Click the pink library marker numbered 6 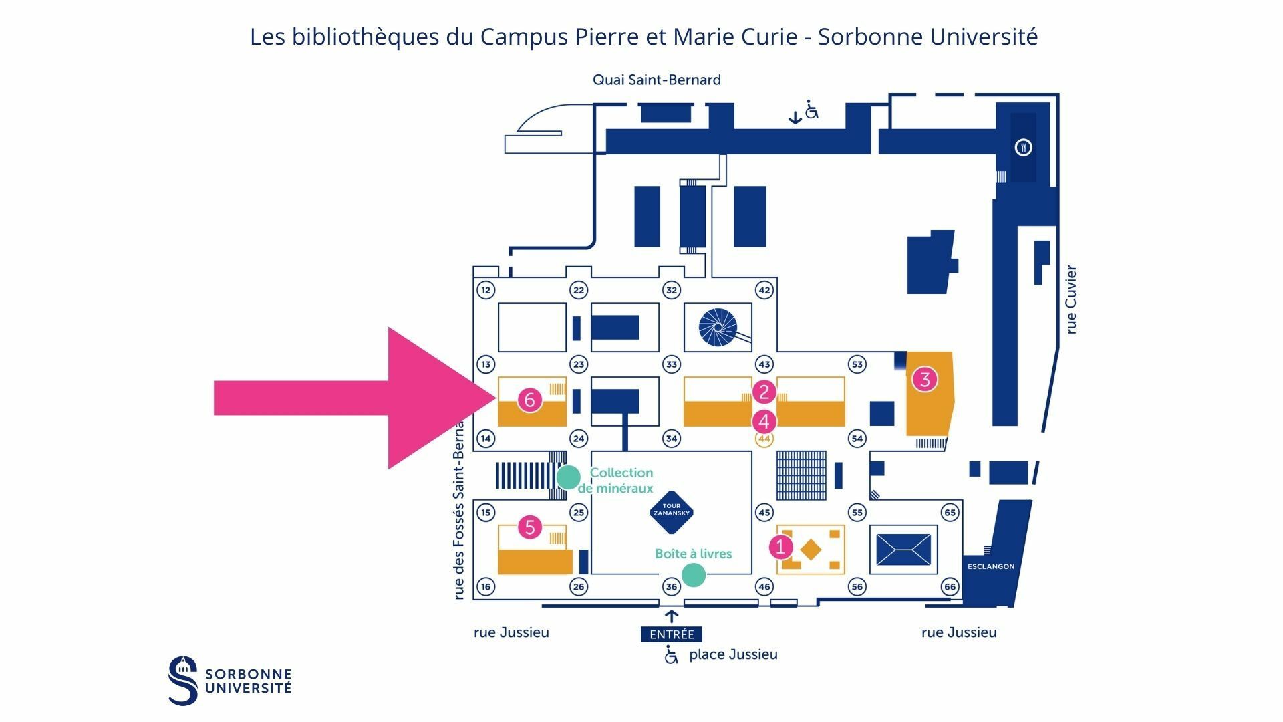[x=530, y=400]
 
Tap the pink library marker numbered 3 [x=925, y=379]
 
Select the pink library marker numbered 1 [x=780, y=547]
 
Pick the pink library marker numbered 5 [x=530, y=527]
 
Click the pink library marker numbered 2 [x=764, y=392]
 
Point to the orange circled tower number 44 [x=764, y=439]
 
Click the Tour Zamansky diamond [x=671, y=513]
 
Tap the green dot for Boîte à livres [x=693, y=574]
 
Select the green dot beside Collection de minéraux [x=569, y=477]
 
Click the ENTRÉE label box [x=672, y=634]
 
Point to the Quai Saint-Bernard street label [x=657, y=80]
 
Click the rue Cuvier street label [x=1071, y=299]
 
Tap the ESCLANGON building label [x=991, y=566]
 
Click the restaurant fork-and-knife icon [x=1023, y=147]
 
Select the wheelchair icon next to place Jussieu [x=671, y=655]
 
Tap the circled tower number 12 [x=486, y=290]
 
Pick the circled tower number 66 [x=950, y=587]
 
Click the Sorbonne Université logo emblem [x=183, y=681]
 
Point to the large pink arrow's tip [x=495, y=398]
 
